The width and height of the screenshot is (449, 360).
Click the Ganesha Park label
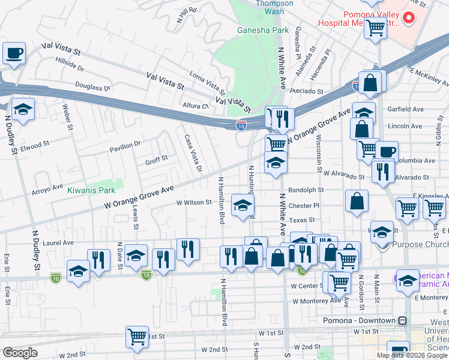point(263,30)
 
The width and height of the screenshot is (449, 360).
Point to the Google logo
point(20,353)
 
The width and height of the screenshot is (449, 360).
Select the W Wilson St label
point(194,203)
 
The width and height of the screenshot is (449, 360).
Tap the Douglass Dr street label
point(94,87)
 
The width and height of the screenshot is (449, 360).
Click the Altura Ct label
point(195,106)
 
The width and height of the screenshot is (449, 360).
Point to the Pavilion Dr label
point(125,144)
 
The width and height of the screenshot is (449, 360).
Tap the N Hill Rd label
point(187,16)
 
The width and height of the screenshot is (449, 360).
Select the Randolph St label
point(306,190)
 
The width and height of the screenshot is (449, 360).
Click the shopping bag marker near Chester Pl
point(357,202)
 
